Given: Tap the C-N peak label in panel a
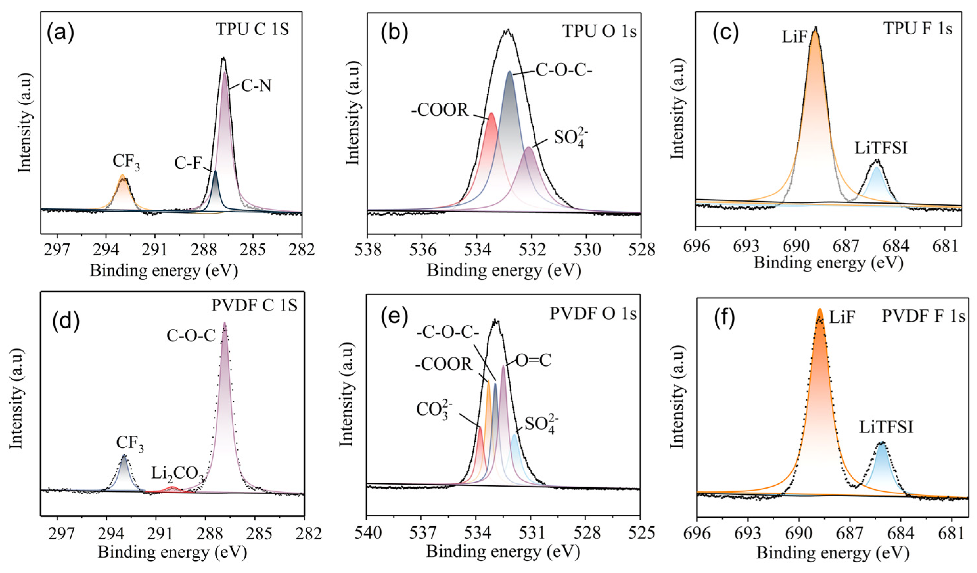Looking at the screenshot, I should (256, 86).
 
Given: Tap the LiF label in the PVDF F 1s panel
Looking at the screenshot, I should (842, 318).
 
